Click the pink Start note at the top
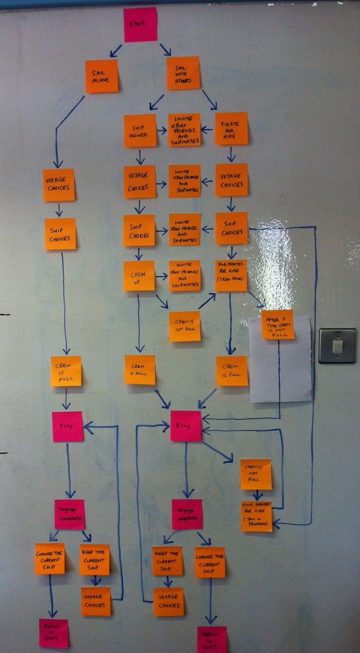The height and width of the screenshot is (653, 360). [x=140, y=24]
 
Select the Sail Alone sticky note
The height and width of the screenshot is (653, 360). [x=101, y=76]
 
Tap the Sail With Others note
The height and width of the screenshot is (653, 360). [x=183, y=73]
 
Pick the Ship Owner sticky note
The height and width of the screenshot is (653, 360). [x=139, y=131]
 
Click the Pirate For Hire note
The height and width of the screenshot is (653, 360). [x=231, y=128]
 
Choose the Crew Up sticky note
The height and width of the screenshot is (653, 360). [x=139, y=275]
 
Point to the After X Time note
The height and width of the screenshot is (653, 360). [x=277, y=324]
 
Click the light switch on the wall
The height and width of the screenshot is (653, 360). [x=337, y=346]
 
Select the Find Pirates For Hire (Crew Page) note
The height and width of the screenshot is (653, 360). [x=231, y=275]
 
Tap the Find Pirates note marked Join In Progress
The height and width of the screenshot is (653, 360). [x=257, y=516]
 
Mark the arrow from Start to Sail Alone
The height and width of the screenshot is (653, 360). [x=116, y=51]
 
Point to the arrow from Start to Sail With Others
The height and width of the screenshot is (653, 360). [x=165, y=49]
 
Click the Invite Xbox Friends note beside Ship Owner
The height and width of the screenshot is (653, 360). [x=184, y=130]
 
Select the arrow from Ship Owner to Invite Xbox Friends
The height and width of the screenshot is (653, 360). [x=162, y=131]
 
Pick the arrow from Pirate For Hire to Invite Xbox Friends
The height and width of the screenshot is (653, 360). [x=207, y=130]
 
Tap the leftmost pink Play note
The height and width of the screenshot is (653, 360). [x=67, y=427]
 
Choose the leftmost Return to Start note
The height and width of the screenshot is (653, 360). [x=54, y=633]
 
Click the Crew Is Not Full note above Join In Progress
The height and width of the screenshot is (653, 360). [x=256, y=474]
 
